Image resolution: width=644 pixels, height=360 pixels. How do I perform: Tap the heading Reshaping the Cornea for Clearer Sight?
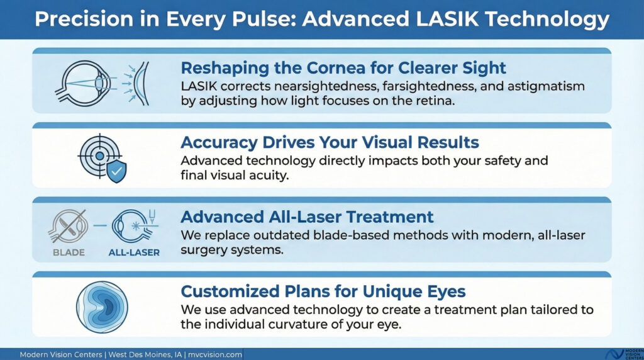[x=343, y=67]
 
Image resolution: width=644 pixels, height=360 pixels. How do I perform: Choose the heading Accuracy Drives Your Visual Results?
[x=329, y=142]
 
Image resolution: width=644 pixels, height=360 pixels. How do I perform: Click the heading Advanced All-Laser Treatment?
[x=307, y=217]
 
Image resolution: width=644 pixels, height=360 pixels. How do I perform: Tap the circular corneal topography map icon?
[x=102, y=308]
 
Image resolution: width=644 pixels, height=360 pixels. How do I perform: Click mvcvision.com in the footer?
[x=216, y=354]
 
